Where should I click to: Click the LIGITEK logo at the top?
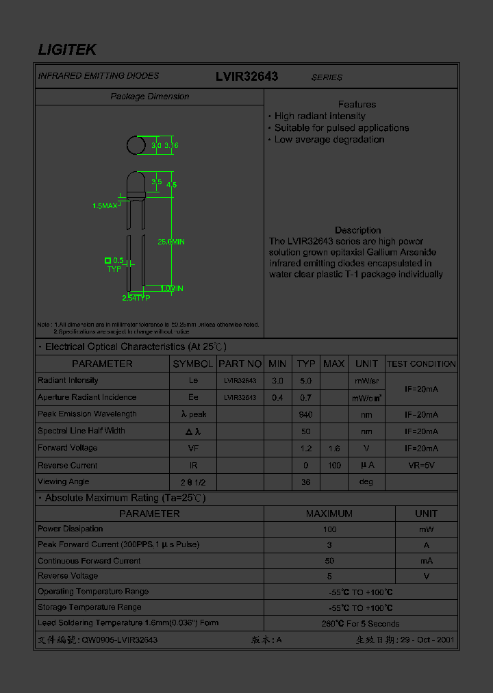[x=66, y=49]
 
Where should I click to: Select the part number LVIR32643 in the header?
[x=246, y=77]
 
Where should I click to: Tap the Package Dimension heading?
[x=149, y=97]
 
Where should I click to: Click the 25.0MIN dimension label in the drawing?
[x=171, y=242]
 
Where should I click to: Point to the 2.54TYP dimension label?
[x=136, y=298]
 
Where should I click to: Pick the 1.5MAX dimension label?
[x=105, y=205]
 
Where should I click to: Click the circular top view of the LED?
[x=136, y=145]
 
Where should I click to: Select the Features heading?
[x=357, y=104]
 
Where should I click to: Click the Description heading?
[x=357, y=230]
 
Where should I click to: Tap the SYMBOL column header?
[x=193, y=364]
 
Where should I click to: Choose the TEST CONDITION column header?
[x=421, y=364]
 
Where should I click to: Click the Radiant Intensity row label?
[x=68, y=381]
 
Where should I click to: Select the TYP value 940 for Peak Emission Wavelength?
[x=306, y=414]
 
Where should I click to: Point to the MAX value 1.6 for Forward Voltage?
[x=333, y=449]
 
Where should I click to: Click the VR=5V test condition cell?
[x=421, y=466]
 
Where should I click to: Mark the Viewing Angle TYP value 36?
[x=306, y=482]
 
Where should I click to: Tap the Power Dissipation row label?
[x=71, y=529]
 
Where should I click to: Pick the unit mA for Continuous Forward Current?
[x=426, y=561]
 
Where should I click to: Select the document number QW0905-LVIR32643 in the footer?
[x=120, y=640]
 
